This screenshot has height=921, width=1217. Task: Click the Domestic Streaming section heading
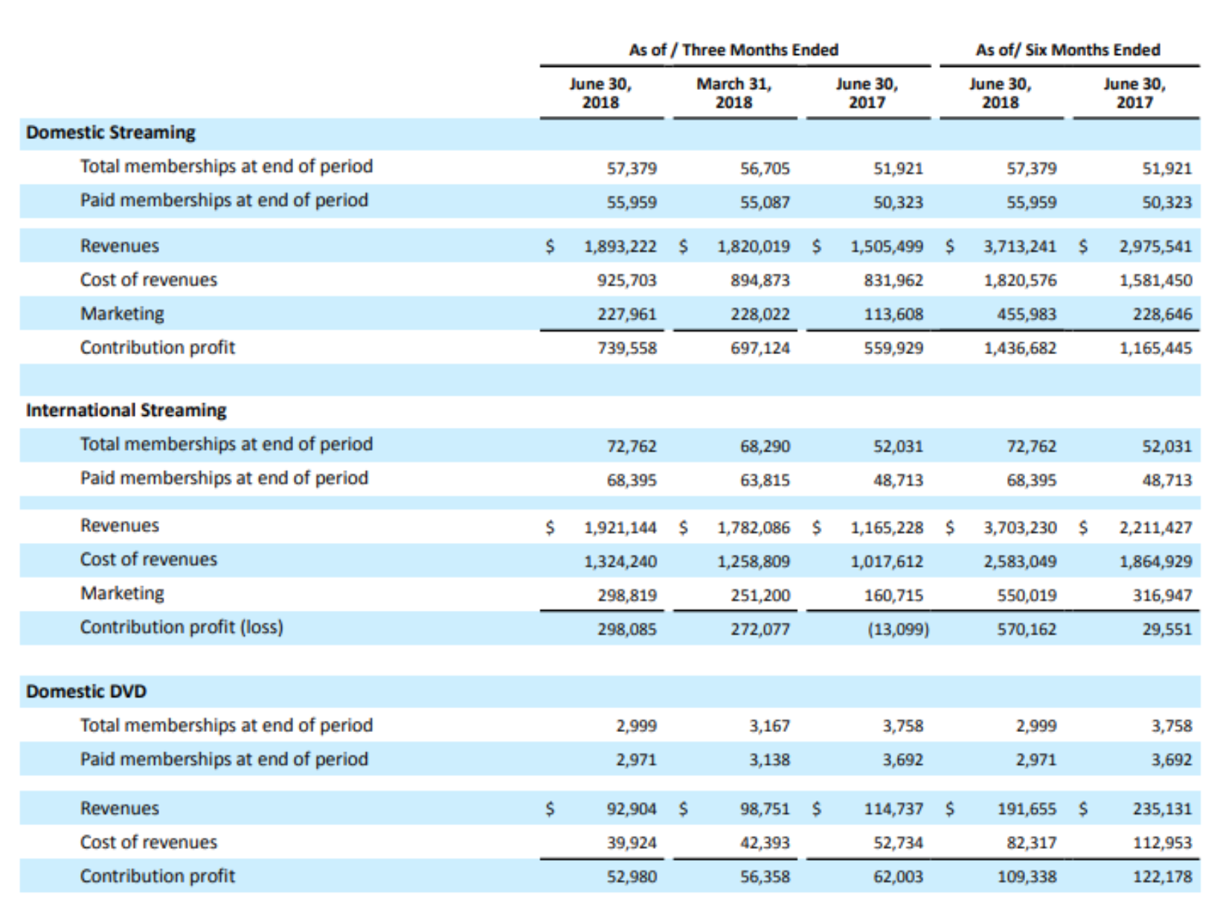110,132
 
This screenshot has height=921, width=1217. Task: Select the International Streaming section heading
126,411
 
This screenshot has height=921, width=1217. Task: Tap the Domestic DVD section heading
86,691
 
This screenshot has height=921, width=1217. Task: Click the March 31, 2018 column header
734,93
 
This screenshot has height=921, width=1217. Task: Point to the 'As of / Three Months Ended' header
733,50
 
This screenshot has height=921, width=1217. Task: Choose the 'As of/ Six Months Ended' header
1068,50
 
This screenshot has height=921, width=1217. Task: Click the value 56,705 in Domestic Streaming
765,168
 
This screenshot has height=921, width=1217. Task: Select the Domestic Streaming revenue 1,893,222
620,246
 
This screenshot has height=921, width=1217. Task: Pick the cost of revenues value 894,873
760,280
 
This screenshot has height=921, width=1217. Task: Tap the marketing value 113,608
893,315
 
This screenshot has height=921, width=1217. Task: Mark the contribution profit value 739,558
626,348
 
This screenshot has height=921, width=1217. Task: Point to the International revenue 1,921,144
620,527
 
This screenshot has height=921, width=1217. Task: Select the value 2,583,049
1020,562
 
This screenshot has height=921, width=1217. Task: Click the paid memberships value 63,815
765,480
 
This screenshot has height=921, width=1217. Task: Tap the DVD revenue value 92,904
632,809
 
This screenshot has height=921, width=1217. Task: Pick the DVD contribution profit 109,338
1027,877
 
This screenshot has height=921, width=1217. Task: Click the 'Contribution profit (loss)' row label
182,627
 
